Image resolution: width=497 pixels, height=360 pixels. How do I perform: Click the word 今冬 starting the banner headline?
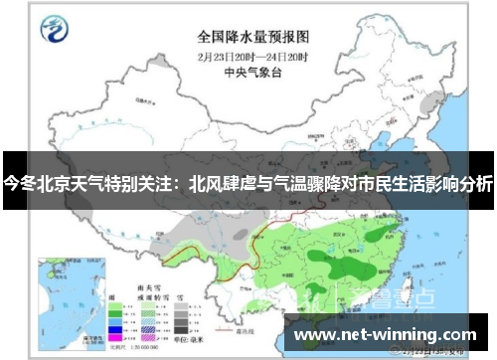pyautogui.click(x=20, y=184)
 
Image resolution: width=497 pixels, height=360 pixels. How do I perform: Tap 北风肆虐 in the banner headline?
pyautogui.click(x=223, y=184)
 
